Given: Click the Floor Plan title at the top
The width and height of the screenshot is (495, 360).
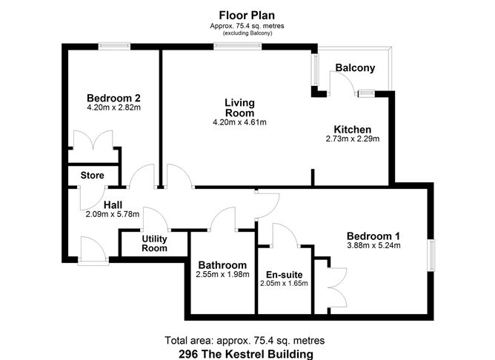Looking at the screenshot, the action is [x=247, y=15].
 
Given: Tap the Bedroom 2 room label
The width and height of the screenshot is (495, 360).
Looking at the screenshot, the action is [x=113, y=98].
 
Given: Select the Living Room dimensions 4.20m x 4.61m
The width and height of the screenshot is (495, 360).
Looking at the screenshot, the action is [x=239, y=122].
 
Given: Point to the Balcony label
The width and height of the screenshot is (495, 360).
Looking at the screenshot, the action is [x=355, y=68].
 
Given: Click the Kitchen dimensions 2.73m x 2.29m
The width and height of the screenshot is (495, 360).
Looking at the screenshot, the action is [x=353, y=139].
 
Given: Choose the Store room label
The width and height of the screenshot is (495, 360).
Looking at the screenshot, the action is [x=92, y=176].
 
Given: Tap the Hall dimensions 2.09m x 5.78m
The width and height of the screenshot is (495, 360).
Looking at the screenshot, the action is [x=113, y=214].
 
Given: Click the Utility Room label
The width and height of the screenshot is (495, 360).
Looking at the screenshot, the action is [x=154, y=243].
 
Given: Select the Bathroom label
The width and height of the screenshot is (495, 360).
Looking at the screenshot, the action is [x=222, y=265].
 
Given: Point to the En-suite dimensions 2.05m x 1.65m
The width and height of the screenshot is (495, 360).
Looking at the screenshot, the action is [x=284, y=283].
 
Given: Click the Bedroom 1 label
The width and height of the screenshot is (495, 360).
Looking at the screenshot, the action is [x=373, y=236].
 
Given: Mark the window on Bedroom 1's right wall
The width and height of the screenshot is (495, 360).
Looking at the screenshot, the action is [x=431, y=255].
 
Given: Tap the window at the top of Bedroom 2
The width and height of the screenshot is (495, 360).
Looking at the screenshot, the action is [x=114, y=47].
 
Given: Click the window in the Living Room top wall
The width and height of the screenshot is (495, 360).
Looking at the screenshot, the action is [x=238, y=47].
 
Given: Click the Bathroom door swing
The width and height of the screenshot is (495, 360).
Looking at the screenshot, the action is [x=223, y=219].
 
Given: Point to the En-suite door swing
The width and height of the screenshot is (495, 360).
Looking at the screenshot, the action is [x=285, y=234].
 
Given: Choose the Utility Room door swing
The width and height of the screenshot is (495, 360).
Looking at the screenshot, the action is [x=156, y=219].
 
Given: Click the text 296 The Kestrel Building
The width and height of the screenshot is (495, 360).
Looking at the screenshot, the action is [x=246, y=354].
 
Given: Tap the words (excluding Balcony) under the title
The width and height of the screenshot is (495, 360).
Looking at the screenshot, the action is [x=247, y=33].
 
